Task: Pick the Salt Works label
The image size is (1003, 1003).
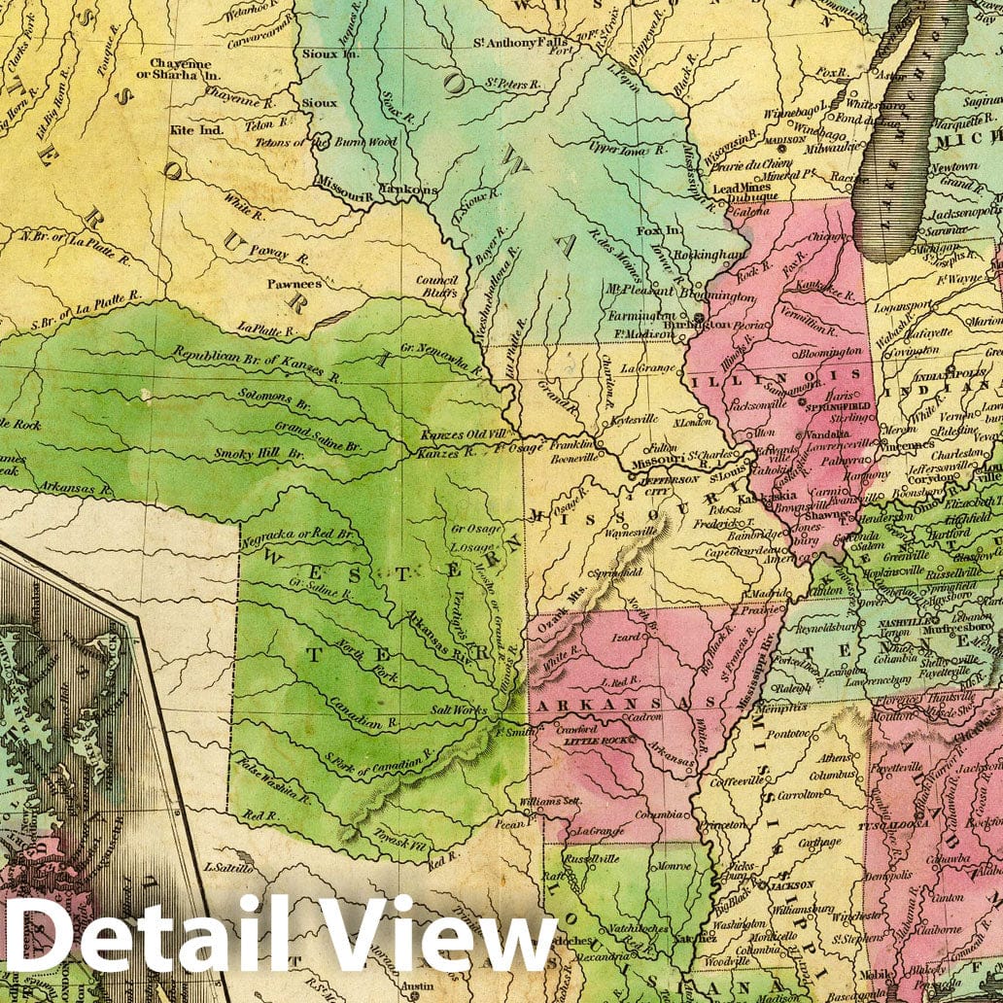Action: coord(457,710)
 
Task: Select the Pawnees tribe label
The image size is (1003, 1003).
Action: coord(296,285)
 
